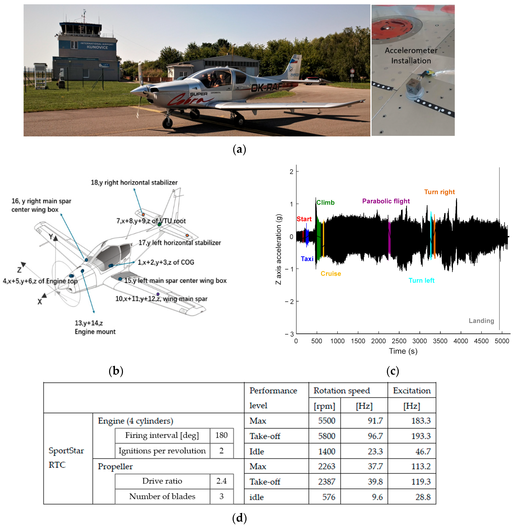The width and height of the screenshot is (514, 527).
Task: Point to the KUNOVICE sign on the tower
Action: [x=97, y=47]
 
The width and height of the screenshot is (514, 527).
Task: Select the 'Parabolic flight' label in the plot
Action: [x=386, y=201]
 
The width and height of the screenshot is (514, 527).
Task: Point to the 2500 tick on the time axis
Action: [x=399, y=341]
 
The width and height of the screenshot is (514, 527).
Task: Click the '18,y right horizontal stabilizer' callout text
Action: [x=134, y=183]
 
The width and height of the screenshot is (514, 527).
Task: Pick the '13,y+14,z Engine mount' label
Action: [x=95, y=327]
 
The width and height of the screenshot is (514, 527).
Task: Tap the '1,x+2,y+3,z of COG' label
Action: [x=166, y=262]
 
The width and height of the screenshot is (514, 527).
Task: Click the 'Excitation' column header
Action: [x=412, y=390]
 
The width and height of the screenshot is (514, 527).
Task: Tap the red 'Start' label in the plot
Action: [x=304, y=219]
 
